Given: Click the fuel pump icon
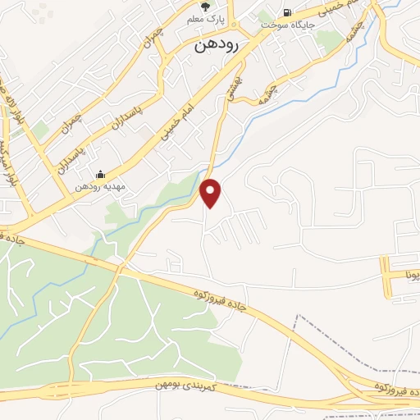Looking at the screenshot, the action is click(x=286, y=12).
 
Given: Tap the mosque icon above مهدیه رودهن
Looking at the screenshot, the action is click(x=100, y=174).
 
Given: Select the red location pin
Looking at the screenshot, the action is click(x=212, y=194).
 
